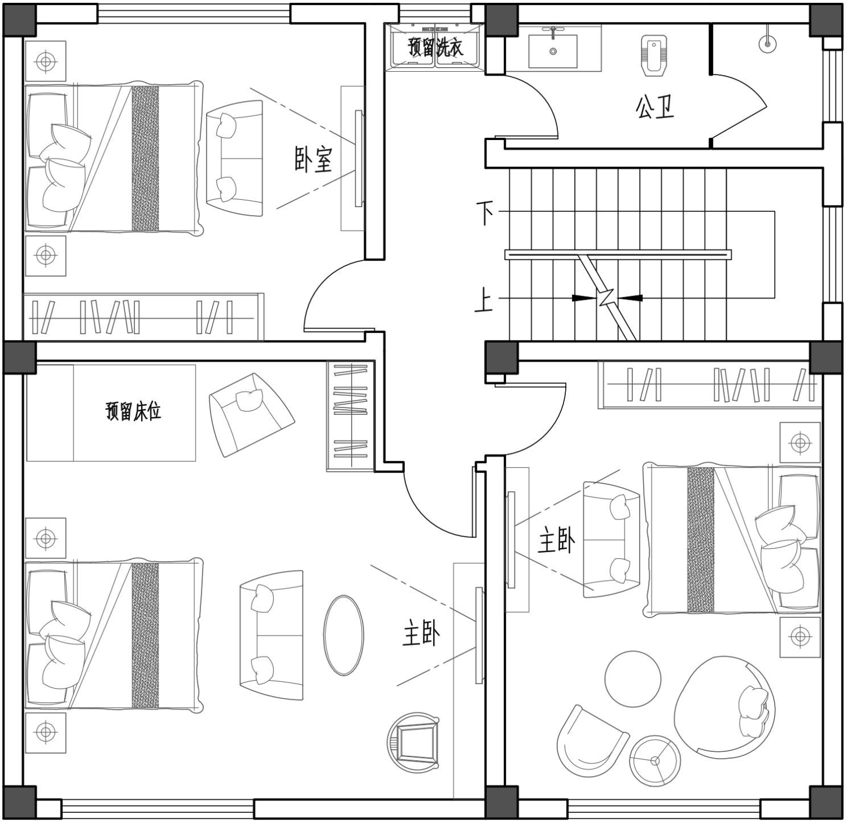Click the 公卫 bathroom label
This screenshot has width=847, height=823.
655,107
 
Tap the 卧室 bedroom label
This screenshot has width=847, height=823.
313,160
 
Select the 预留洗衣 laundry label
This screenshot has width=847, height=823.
435,47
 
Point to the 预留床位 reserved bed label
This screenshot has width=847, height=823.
133,411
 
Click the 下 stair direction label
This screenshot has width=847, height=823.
485,213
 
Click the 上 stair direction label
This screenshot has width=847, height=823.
483,299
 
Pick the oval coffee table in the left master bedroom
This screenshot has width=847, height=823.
343,635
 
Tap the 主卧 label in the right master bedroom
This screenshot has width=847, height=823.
556,540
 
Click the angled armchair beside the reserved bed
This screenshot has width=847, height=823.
251,414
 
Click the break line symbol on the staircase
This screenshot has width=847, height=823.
607,297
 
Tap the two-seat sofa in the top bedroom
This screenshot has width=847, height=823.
234,159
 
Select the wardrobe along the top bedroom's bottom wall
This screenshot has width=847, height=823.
143,317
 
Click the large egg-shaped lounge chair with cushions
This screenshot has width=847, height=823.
724,707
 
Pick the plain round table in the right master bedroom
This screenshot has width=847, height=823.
633,679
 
